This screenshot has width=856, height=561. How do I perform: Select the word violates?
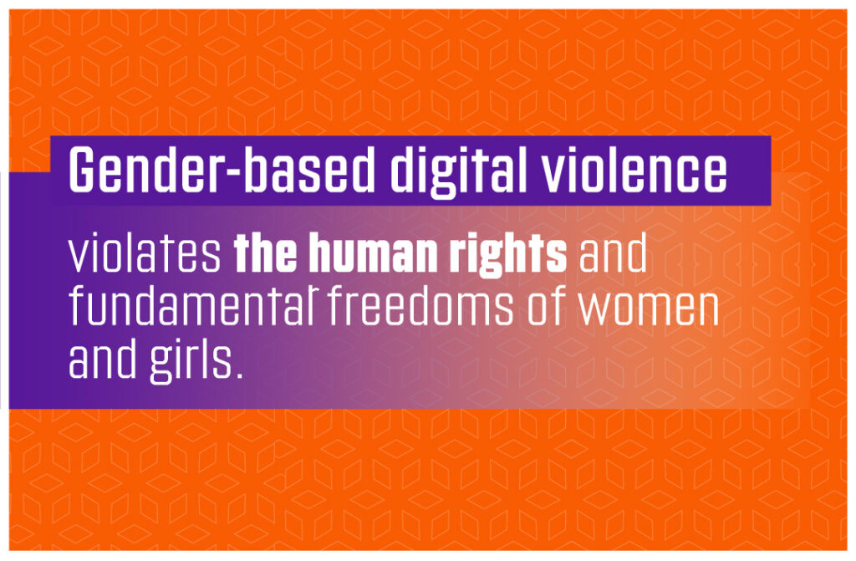pyautogui.click(x=145, y=253)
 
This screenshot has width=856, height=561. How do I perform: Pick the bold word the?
pyautogui.click(x=266, y=253)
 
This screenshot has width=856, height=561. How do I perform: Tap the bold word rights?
pyautogui.click(x=507, y=257)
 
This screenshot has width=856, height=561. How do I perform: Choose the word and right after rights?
pyautogui.click(x=613, y=253)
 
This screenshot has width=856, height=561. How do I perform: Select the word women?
pyautogui.click(x=649, y=309)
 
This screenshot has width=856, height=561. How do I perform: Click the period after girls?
pyautogui.click(x=237, y=375)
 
